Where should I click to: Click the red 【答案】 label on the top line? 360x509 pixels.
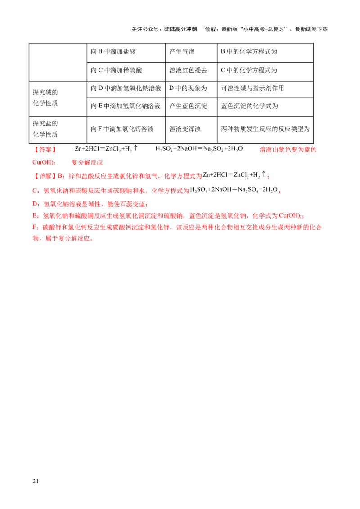[45, 149]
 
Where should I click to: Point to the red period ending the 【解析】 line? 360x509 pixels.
[268, 176]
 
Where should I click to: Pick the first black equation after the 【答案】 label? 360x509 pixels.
[104, 149]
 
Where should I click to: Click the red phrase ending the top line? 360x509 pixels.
[288, 149]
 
